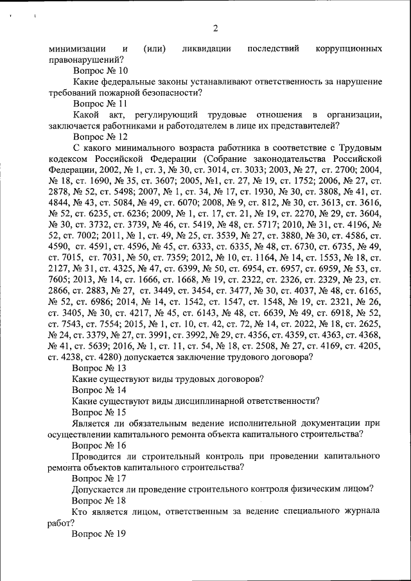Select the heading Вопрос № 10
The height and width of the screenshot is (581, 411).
pos(100,71)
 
